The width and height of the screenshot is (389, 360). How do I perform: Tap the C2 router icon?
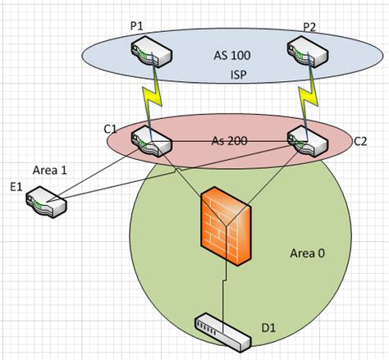[x=309, y=141]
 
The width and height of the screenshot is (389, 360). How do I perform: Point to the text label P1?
[x=136, y=28]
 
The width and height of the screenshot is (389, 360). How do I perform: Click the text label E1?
[x=15, y=188]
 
